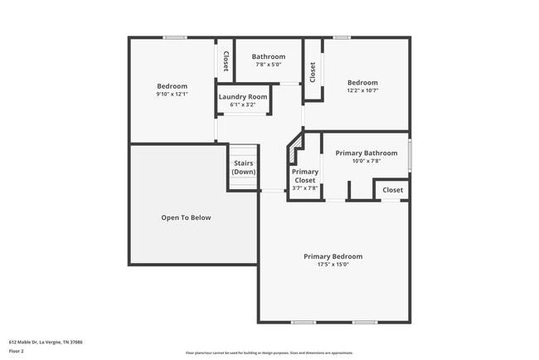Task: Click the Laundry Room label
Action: coord(243,97)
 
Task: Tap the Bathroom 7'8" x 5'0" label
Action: coord(269,56)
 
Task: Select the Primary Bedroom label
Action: coord(333,256)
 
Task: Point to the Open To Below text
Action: coord(186,217)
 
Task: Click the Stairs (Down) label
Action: coord(243,167)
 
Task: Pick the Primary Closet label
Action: coord(305,176)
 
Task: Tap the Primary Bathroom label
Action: coord(366,153)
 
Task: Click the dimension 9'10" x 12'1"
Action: coord(172,94)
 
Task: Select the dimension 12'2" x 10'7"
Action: coord(362,90)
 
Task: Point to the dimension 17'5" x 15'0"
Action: coord(333,265)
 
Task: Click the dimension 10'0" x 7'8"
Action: coord(366,161)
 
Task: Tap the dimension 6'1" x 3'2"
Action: coord(243,105)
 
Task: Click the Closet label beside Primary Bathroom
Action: coord(393,190)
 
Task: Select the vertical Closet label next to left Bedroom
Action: coord(226,61)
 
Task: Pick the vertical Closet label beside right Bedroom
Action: coord(313,72)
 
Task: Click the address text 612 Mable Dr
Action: coord(46,342)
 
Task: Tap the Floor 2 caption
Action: coord(17,351)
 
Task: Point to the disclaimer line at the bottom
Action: coord(269,353)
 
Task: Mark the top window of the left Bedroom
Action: coord(174,36)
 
